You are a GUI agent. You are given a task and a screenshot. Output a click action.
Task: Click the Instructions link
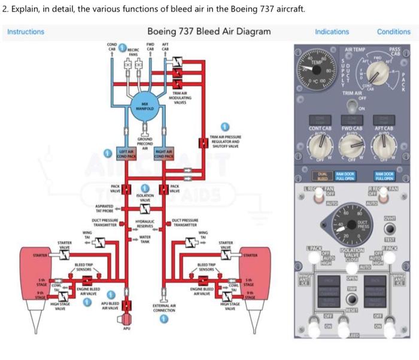point(26,32)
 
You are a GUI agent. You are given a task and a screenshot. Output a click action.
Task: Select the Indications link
point(332,32)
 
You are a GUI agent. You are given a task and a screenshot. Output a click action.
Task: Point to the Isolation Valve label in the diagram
point(144,197)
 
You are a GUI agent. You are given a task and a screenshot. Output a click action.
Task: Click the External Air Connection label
point(164,309)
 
